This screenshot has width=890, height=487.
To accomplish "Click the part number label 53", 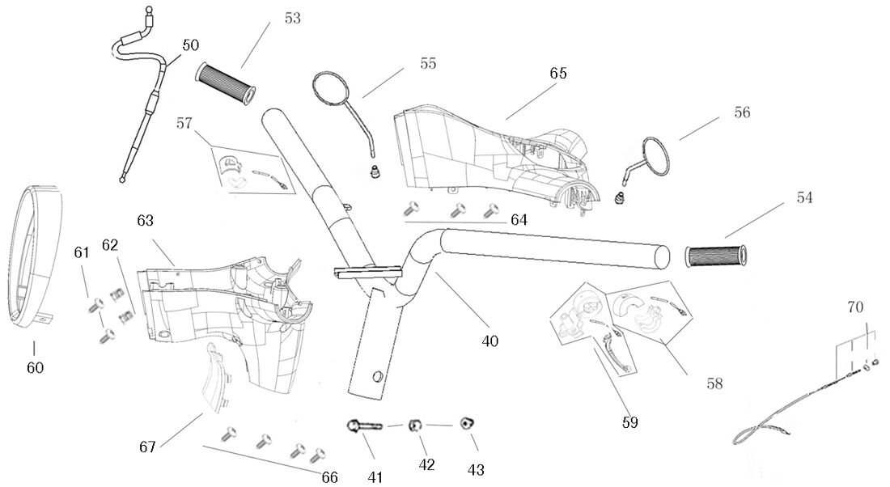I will [293, 19].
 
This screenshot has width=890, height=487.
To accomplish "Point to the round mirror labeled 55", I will [329, 89].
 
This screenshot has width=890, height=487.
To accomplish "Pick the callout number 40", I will [489, 341].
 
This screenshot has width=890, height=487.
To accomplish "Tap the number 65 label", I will [557, 73].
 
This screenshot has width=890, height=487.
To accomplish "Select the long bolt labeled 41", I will [365, 426].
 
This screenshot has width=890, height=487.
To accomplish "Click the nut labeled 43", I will [468, 424].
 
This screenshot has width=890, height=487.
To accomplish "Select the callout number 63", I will [146, 220].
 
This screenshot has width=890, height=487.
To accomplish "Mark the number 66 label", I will [329, 476].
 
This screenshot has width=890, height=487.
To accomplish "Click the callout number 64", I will [519, 220].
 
